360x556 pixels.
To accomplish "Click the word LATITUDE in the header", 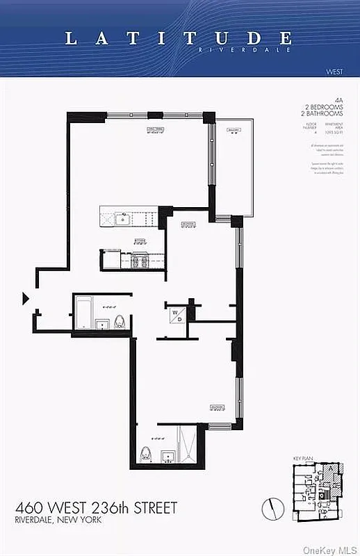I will coord(179,38).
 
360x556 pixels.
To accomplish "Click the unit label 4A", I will coord(338,101).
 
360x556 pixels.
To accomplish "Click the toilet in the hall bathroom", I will coord(120,322).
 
